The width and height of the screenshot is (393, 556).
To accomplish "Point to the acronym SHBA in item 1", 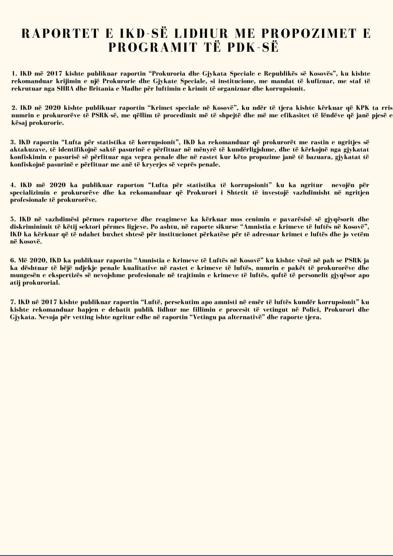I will coord(64,89).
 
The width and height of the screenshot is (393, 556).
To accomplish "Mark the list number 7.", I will coord(12,302).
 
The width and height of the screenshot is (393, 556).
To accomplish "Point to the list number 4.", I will coord(12,185).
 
